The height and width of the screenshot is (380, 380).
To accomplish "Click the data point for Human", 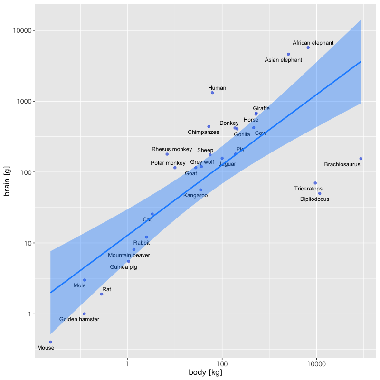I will pyautogui.click(x=212, y=93).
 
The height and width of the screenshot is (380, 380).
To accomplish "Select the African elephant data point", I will pyautogui.click(x=308, y=47).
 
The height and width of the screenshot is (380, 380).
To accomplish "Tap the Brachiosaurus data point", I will pyautogui.click(x=361, y=159).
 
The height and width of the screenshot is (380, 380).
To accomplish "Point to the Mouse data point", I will pyautogui.click(x=50, y=342).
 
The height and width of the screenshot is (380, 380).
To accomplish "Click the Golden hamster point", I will pyautogui.click(x=84, y=314).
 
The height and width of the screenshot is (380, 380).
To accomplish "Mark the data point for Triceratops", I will pyautogui.click(x=315, y=183).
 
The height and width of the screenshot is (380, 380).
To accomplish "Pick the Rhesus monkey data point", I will pyautogui.click(x=167, y=154).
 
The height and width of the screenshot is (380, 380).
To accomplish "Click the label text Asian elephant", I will pyautogui.click(x=283, y=60).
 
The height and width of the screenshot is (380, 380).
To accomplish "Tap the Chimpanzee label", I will pyautogui.click(x=203, y=132).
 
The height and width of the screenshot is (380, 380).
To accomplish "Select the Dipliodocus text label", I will pyautogui.click(x=321, y=199).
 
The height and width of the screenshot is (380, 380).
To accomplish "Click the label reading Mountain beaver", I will pyautogui.click(x=129, y=255).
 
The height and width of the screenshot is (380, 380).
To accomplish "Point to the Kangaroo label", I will pyautogui.click(x=195, y=195).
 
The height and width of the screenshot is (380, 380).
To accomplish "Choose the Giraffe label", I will pyautogui.click(x=261, y=108).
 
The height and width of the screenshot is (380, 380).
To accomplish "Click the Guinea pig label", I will pyautogui.click(x=123, y=267).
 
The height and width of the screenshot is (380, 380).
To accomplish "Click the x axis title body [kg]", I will pyautogui.click(x=206, y=372).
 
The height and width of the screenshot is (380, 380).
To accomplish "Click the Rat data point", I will pyautogui.click(x=102, y=294).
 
